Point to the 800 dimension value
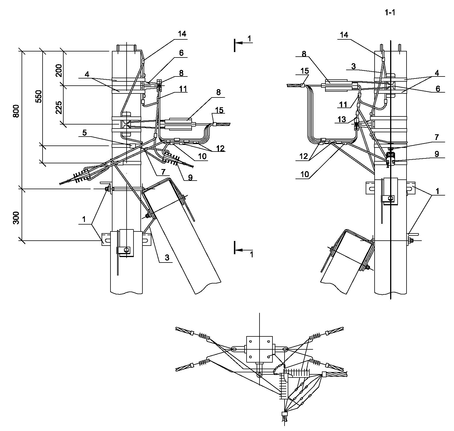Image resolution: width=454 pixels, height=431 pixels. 16,111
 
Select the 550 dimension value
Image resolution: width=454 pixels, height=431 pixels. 38,97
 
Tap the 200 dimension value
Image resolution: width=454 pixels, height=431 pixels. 59,70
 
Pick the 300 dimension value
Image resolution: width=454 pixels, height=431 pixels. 16,218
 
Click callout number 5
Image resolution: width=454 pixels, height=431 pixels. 85,133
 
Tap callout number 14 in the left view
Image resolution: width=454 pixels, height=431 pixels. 182,34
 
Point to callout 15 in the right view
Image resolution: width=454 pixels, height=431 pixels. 305,71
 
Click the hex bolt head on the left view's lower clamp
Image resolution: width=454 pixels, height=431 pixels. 126,250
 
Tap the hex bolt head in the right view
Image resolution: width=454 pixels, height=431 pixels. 391,198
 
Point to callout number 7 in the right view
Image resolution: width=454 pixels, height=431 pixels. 437,137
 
